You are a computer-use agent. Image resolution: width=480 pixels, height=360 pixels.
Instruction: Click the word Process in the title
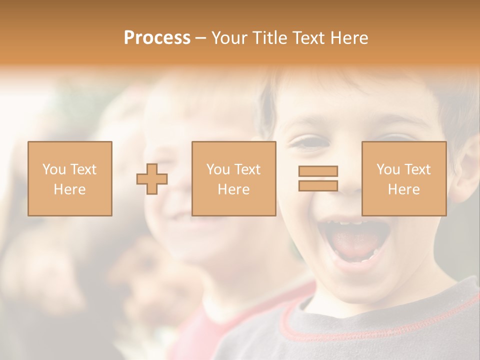(157, 38)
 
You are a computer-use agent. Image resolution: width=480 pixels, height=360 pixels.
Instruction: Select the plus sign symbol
(152, 178)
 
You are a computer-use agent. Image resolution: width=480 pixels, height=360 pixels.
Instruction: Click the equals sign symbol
(318, 178)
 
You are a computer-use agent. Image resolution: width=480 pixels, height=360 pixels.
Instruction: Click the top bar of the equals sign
(318, 171)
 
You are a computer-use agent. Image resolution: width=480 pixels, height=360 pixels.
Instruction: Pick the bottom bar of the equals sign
(318, 185)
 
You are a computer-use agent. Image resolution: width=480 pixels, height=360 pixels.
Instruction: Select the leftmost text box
(69, 178)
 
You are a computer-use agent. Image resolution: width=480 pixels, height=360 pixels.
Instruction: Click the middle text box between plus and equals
(233, 178)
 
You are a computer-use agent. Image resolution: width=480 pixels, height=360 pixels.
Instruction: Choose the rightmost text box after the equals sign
(403, 178)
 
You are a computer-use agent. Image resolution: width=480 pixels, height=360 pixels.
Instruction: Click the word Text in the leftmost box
(83, 169)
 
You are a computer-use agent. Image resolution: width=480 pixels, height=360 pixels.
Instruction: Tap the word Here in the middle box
(233, 189)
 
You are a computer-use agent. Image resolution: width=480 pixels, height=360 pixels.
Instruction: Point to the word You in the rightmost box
(388, 169)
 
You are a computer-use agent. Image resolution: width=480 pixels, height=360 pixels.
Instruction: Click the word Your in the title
(227, 38)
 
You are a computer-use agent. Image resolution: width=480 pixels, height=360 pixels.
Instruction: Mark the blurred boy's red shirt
(200, 330)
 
